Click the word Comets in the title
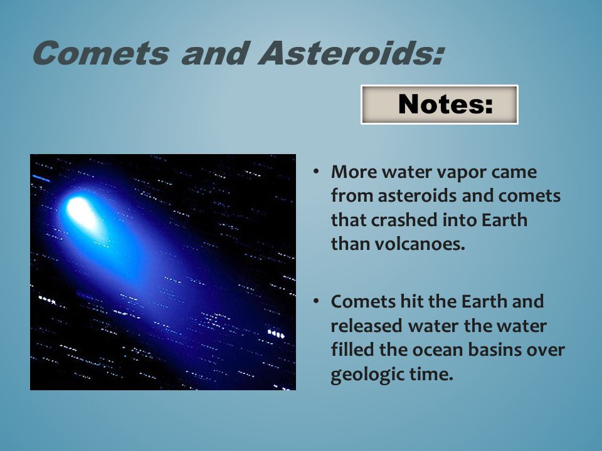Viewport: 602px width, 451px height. (x=101, y=53)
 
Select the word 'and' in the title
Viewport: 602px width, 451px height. (x=213, y=53)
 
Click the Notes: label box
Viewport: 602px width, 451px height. (x=439, y=105)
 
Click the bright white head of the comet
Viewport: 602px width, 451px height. (x=82, y=212)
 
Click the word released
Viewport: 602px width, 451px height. (x=367, y=326)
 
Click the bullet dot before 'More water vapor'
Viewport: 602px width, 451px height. (x=315, y=172)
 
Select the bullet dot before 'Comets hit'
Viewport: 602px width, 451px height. (x=315, y=301)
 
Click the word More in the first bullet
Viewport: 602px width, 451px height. (x=354, y=172)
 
